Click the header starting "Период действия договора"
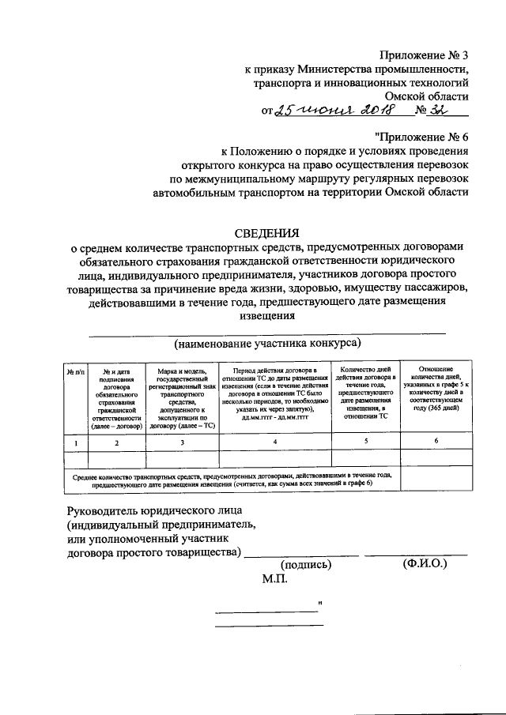click(274, 393)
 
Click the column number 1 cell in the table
click(76, 442)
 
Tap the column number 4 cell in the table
click(274, 442)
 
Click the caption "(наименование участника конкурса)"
click(267, 344)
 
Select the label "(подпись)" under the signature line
click(306, 564)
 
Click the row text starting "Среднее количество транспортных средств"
click(232, 480)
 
